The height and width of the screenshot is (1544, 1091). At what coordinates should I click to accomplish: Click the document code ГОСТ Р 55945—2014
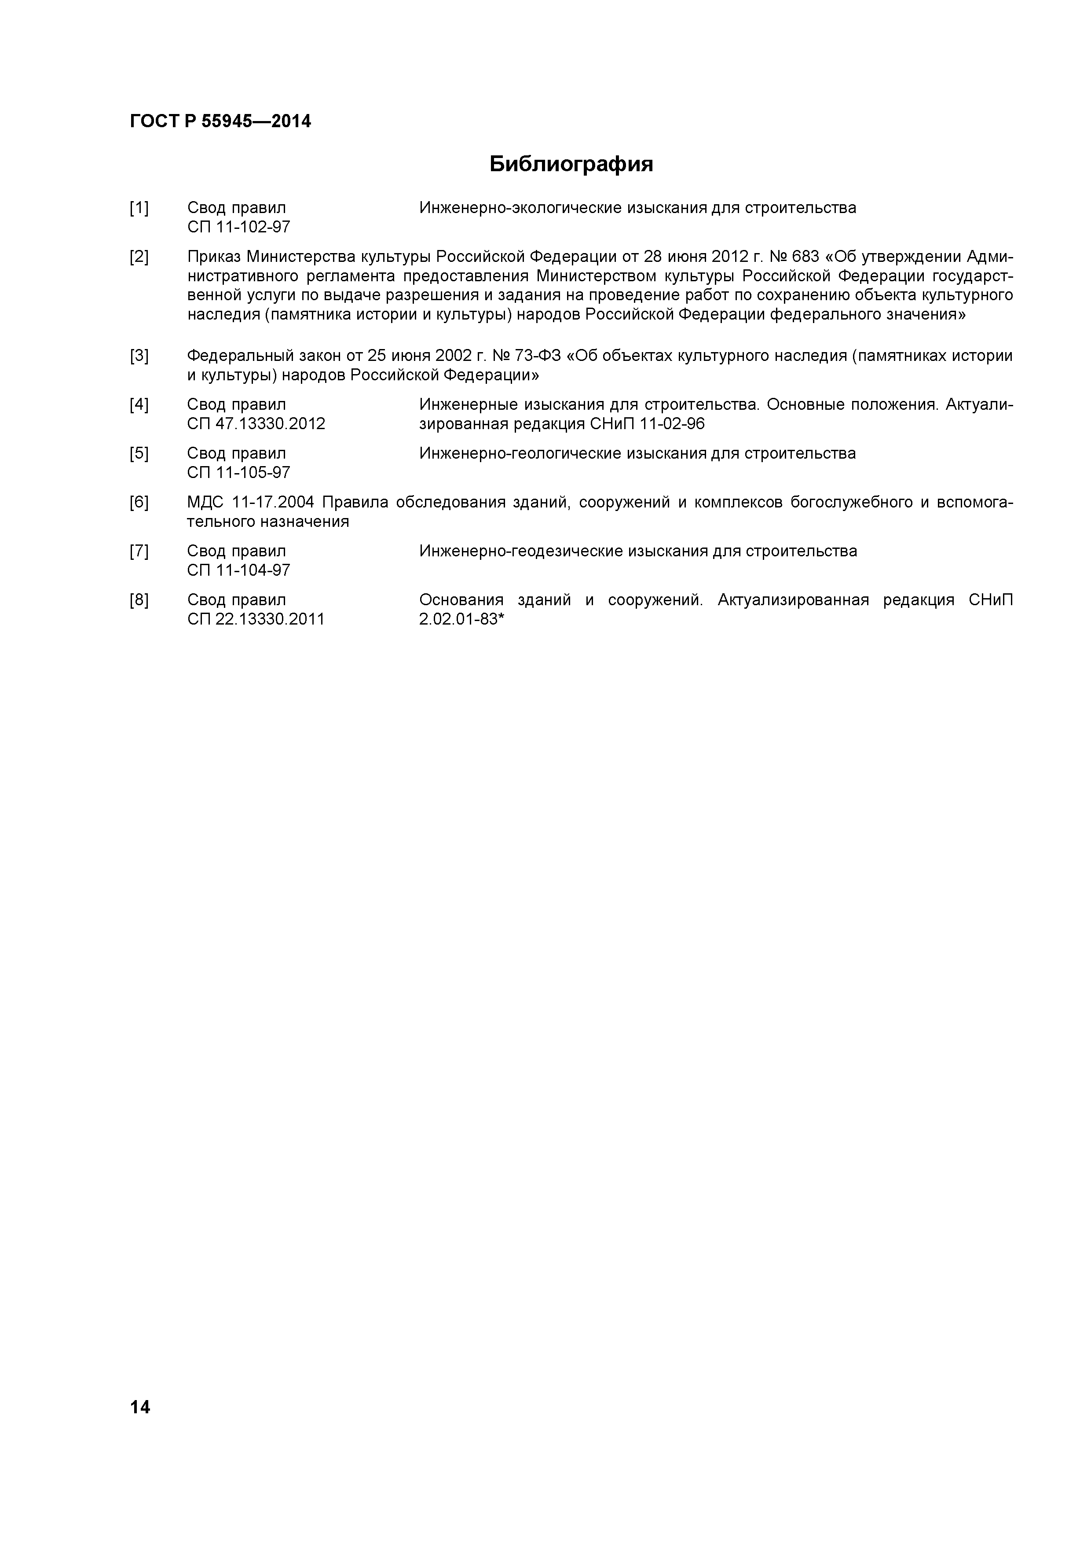220,122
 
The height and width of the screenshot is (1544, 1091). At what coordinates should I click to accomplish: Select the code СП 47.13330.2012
256,424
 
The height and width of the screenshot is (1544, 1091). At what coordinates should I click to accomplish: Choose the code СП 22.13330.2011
256,619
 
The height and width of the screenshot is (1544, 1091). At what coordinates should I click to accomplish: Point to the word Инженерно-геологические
520,454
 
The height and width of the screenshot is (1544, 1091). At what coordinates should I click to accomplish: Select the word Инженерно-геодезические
520,551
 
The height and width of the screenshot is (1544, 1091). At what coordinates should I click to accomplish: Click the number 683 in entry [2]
806,257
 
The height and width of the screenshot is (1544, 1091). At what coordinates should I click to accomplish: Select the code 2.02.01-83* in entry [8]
461,619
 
